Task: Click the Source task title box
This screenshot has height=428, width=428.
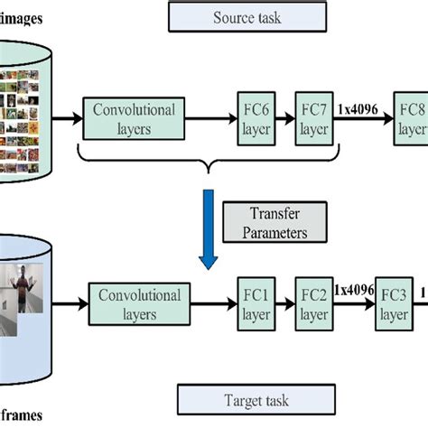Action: pyautogui.click(x=247, y=16)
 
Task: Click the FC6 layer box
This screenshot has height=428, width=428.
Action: pyautogui.click(x=254, y=117)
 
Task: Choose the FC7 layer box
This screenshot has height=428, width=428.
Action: pyautogui.click(x=313, y=117)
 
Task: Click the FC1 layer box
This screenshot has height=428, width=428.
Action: pyautogui.click(x=255, y=304)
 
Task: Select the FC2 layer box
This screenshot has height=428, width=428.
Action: pyautogui.click(x=314, y=304)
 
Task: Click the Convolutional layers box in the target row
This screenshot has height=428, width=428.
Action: pyautogui.click(x=140, y=304)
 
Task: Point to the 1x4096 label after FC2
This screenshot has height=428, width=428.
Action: pyautogui.click(x=354, y=291)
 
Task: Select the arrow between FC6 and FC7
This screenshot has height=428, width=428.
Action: pyautogui.click(x=284, y=118)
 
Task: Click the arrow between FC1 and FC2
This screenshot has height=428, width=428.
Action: pyautogui.click(x=284, y=304)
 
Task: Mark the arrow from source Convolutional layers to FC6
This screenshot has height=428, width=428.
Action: pyautogui.click(x=209, y=118)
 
